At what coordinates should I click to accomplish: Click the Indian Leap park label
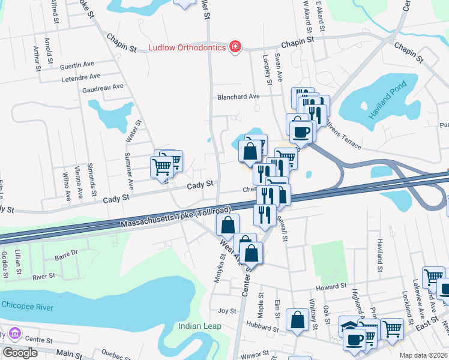199,326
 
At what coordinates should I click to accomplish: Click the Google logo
20,352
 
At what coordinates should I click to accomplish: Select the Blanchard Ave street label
238,97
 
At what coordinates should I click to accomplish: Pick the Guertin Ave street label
77,65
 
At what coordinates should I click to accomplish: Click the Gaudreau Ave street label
103,87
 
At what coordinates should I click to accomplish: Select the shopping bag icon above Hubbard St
297,319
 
